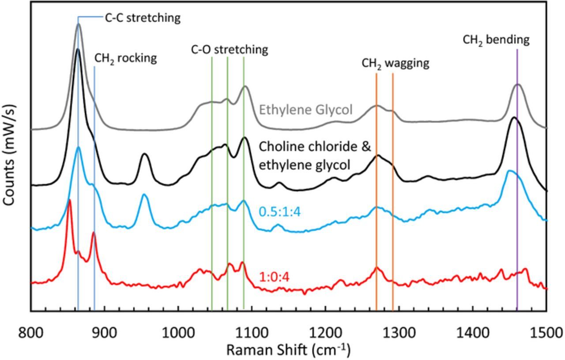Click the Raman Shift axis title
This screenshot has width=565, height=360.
(288, 350)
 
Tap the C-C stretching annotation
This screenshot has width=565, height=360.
(143, 18)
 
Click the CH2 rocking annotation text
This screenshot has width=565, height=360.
(126, 59)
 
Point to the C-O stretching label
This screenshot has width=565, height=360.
(230, 49)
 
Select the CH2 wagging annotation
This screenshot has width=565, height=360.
(395, 64)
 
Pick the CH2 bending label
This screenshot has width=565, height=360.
(496, 40)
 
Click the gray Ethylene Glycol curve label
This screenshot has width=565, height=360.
(306, 109)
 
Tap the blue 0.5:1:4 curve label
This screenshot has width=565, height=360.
(279, 212)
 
